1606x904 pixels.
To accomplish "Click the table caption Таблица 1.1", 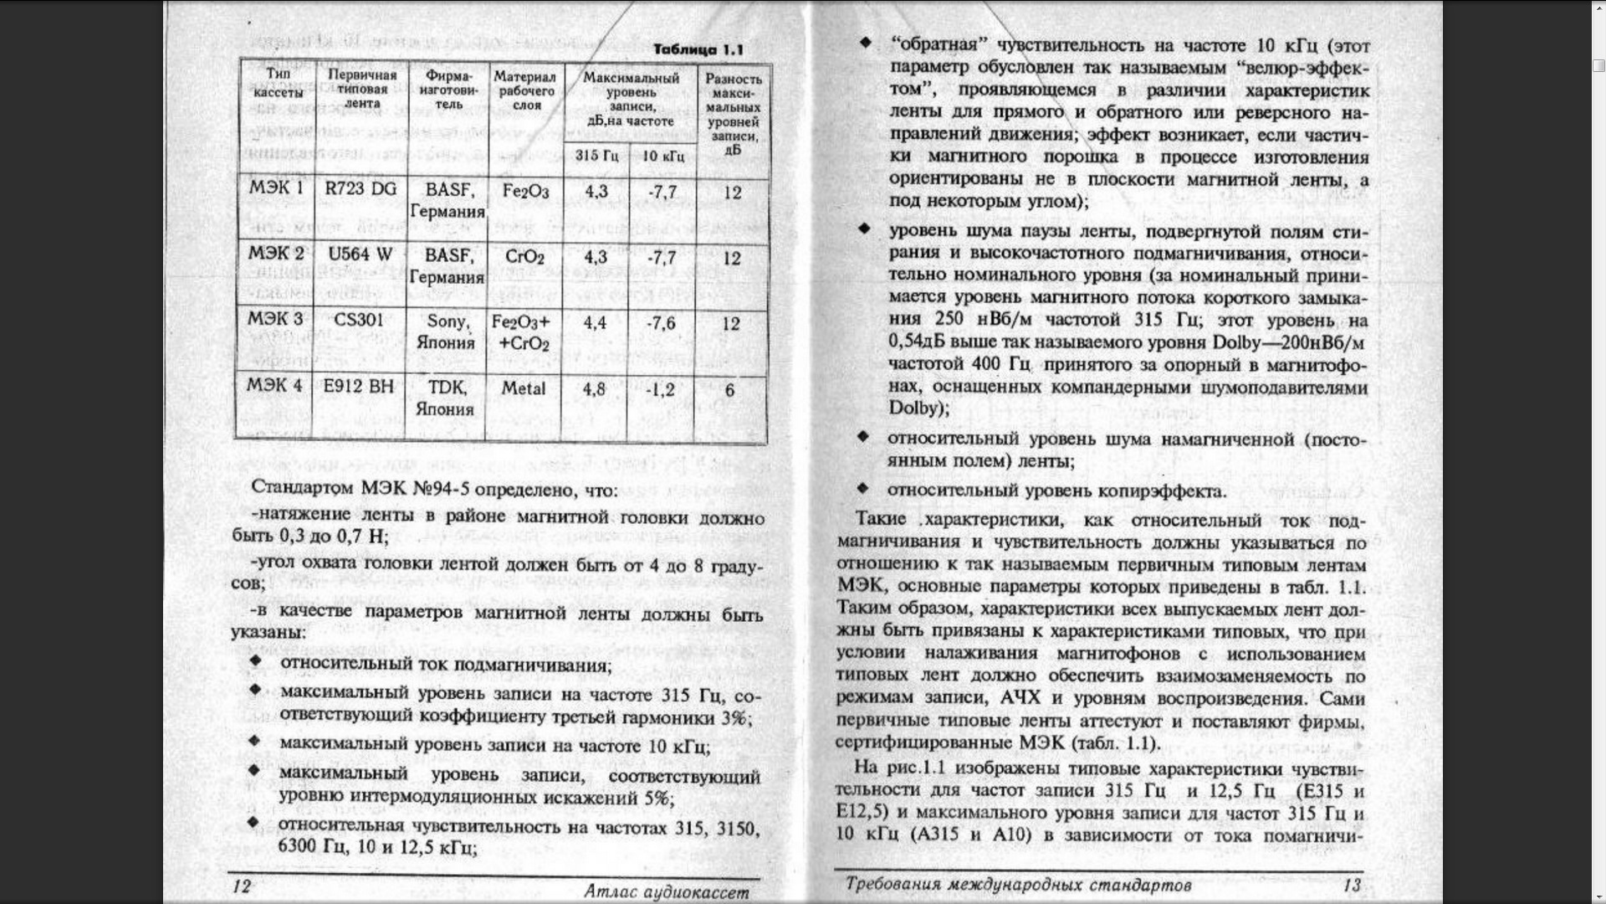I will point(698,49).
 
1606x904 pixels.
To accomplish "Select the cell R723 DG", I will point(361,189).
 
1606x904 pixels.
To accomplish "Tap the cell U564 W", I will point(360,254).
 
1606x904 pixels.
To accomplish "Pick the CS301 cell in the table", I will point(358,320).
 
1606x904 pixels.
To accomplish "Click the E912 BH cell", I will point(358,386).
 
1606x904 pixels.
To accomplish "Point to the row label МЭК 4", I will point(274,386).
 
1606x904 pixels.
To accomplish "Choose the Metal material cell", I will point(524,388).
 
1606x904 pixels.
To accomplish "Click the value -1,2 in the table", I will point(660,390).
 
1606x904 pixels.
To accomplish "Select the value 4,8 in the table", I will point(594,390).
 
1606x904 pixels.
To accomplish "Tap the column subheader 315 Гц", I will point(596,156).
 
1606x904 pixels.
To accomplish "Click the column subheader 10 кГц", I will point(662,156).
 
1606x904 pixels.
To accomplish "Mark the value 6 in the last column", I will point(730,390).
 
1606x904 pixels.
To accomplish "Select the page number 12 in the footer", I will point(241,886).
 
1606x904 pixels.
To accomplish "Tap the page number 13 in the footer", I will point(1352,885).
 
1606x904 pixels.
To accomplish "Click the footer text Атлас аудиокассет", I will point(667,892).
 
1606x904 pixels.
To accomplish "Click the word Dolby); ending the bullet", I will point(918,408).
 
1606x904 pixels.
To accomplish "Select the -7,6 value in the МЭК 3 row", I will point(661,323).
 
